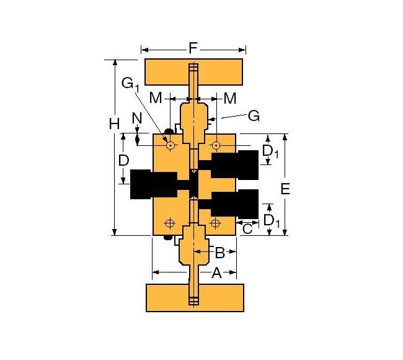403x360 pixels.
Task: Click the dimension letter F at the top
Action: point(193,47)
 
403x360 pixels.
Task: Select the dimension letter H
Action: point(114,124)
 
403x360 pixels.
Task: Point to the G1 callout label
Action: point(130,83)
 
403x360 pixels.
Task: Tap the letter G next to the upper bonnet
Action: point(253,115)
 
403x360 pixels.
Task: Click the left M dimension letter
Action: point(156,97)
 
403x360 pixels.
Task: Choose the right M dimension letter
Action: point(230,97)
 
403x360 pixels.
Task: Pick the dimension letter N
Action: point(137,117)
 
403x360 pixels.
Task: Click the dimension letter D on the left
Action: point(123,160)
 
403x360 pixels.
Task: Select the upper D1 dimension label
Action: point(270,151)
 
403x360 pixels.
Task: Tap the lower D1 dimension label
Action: point(271,220)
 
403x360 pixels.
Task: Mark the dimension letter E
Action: point(285,189)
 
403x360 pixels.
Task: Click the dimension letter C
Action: point(247,228)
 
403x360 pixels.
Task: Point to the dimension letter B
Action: point(219,252)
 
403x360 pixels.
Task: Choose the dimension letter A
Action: point(216,272)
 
